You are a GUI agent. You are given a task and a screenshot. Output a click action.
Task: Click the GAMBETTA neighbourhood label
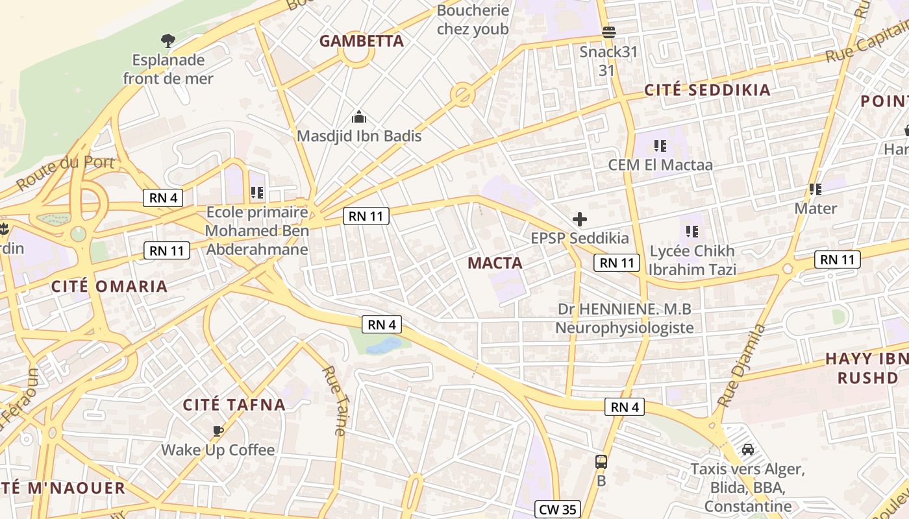tap(362, 41)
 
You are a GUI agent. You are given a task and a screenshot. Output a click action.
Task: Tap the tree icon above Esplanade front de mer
tap(168, 41)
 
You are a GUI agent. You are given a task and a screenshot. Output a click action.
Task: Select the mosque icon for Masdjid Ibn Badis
tap(358, 117)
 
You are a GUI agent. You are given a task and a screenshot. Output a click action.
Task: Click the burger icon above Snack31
tap(608, 32)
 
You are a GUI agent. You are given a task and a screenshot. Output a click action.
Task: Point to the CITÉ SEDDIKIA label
tap(707, 90)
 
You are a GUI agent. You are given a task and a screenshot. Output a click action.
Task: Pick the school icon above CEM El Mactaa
tap(660, 145)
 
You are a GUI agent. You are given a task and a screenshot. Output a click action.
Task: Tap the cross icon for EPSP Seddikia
tap(579, 219)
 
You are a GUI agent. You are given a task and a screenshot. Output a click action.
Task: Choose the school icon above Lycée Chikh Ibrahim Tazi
tap(692, 231)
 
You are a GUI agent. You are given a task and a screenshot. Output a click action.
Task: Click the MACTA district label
tap(495, 263)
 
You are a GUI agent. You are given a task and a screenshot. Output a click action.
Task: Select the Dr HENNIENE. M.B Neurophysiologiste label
tap(625, 318)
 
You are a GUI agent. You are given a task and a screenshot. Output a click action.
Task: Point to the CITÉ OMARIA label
tap(109, 286)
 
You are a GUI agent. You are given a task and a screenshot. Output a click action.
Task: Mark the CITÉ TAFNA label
tap(234, 405)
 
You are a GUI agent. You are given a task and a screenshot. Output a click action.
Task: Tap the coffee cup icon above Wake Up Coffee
tap(218, 430)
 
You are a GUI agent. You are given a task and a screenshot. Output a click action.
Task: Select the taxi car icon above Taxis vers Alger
tap(747, 449)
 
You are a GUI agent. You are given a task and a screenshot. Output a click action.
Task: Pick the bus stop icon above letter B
tap(601, 462)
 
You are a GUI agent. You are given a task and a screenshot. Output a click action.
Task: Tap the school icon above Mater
tap(816, 189)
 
